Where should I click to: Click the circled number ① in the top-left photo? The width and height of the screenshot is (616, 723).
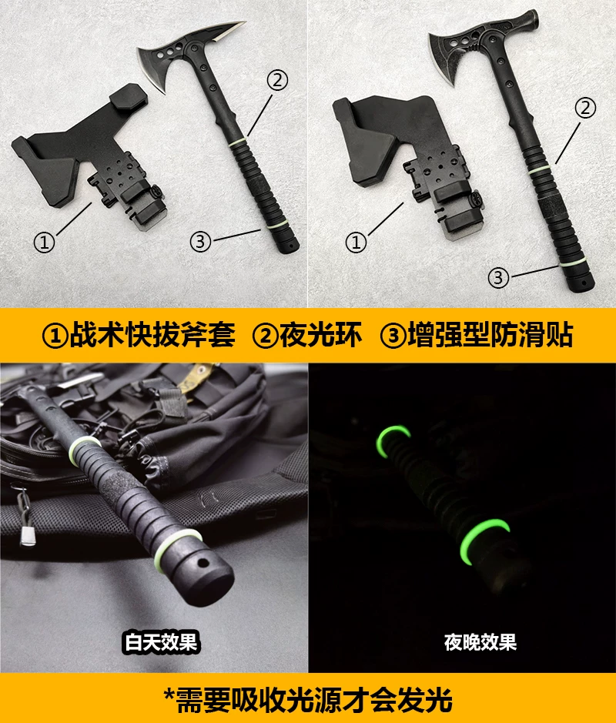point(44,242)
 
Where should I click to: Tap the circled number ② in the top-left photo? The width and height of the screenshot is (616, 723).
point(277,80)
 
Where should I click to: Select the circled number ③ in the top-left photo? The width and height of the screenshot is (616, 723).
point(200,241)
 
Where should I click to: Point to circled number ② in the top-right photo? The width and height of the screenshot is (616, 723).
point(585,108)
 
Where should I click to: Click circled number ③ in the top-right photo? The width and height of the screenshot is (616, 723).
point(498,278)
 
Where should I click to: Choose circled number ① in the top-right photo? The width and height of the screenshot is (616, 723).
point(356,242)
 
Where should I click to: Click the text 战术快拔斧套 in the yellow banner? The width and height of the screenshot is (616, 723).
point(152,335)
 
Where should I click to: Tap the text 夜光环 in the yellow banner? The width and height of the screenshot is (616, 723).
point(320,335)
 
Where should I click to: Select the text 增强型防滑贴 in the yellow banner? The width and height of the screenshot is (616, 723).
point(490,335)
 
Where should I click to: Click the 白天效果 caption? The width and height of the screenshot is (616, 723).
point(161,642)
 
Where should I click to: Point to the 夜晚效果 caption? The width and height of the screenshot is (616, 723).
point(480,642)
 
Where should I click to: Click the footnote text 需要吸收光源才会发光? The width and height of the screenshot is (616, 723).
point(313,700)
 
